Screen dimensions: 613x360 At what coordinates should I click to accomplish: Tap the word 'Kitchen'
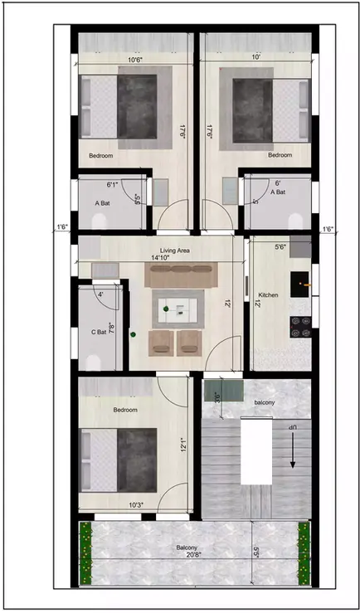269,295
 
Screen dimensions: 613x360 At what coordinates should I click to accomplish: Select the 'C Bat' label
99,332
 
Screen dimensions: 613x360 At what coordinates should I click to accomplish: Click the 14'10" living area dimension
163,258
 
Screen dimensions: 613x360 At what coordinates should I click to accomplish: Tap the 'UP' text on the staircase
292,426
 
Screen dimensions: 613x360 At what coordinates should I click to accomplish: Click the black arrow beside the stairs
292,456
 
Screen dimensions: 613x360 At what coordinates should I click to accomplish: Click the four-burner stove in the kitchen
300,328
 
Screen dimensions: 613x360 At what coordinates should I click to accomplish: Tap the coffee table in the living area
179,310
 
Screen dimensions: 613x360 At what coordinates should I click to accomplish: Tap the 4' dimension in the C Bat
100,294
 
